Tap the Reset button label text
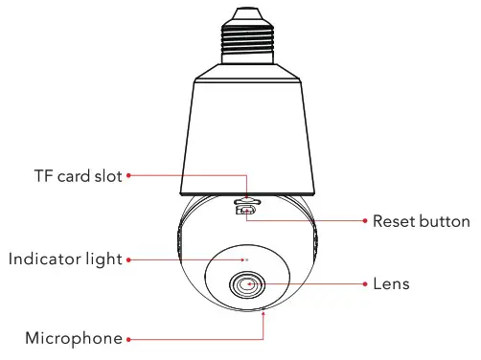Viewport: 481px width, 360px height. (422, 221)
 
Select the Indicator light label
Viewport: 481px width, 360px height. (65, 259)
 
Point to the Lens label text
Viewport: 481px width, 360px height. (391, 284)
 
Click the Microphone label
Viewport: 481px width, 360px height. (74, 338)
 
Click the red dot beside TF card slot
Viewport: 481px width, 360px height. (128, 176)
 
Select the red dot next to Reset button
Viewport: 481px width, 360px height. (365, 221)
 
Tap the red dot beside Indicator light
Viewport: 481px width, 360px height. (128, 259)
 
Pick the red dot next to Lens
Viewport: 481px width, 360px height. (365, 284)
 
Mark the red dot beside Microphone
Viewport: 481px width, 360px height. (128, 339)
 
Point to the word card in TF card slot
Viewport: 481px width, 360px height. (75, 176)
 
